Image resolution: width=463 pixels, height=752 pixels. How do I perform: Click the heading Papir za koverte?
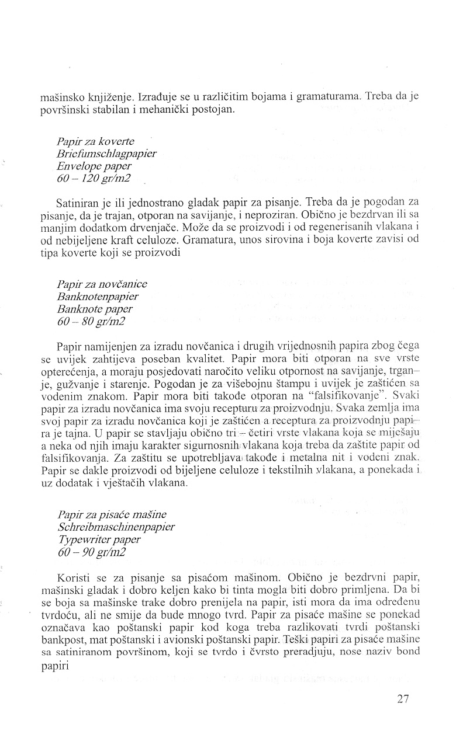(95, 142)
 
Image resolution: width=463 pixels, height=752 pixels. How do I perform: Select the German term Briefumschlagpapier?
(107, 154)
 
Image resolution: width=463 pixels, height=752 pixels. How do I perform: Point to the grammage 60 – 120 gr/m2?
(94, 178)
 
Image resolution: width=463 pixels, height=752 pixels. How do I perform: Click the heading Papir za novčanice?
(102, 284)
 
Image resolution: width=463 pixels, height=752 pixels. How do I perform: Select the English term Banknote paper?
(95, 309)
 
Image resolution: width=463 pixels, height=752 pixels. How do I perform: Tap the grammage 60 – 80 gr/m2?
(92, 321)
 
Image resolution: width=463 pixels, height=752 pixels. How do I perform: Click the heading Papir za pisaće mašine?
(112, 514)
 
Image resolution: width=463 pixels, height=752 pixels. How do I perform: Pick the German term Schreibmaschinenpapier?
(116, 527)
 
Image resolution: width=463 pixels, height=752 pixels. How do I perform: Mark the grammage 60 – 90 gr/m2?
(92, 552)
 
